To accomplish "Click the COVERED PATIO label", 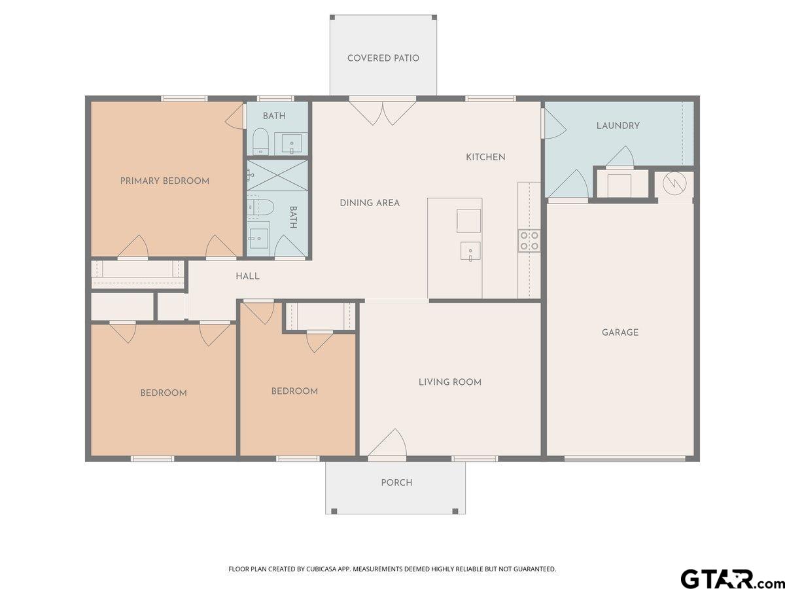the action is click(383, 58).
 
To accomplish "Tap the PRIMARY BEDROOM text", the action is click(164, 181).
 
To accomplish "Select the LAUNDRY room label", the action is click(618, 126).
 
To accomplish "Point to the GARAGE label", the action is click(619, 332).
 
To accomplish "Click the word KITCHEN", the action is click(485, 157).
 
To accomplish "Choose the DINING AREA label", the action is click(370, 203).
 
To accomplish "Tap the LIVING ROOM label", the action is click(450, 382).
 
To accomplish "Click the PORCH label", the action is click(396, 482).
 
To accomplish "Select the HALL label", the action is click(247, 276).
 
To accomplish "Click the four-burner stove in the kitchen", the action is click(530, 241).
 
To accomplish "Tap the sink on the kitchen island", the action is click(470, 251).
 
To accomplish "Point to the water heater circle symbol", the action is click(674, 183).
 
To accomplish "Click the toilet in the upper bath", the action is click(260, 141).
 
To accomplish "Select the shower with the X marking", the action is click(277, 175).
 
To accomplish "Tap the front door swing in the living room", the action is click(387, 443).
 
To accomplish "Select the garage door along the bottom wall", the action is click(625, 459).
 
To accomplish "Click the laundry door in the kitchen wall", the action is click(553, 124).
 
